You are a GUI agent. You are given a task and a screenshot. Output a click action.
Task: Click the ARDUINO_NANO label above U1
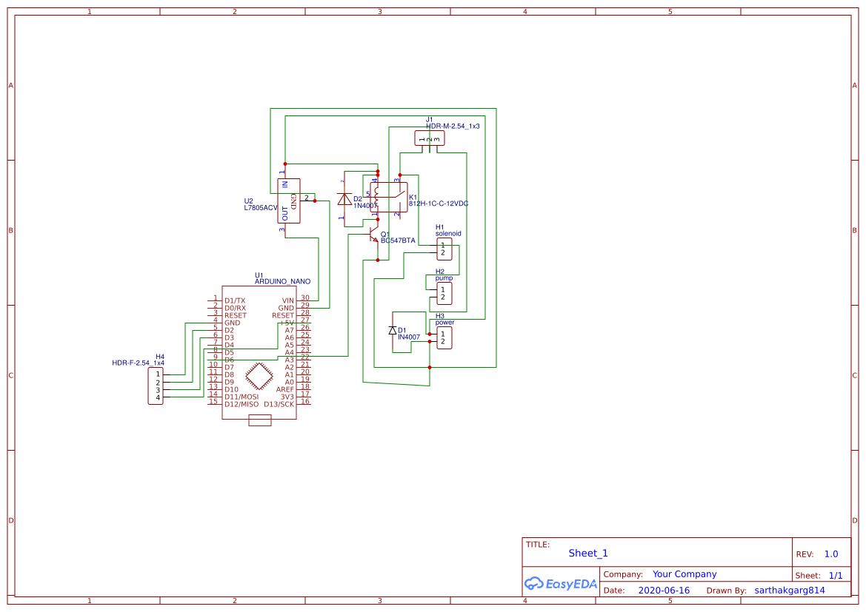282,282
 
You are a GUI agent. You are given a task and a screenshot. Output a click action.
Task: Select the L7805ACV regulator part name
260,209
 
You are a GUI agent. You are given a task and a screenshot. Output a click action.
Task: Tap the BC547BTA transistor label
398,241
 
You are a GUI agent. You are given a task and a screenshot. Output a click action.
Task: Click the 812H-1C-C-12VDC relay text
438,204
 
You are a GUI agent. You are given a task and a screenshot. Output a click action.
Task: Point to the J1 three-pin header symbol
428,138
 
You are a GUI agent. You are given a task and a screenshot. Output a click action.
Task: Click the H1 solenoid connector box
444,249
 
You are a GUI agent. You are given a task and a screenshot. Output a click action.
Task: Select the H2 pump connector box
444,294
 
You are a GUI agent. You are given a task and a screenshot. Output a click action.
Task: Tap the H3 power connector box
444,337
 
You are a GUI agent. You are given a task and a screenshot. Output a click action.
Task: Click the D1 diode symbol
393,330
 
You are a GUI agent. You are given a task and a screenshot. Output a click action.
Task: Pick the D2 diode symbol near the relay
344,199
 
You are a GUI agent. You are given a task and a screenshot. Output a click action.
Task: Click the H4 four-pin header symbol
157,386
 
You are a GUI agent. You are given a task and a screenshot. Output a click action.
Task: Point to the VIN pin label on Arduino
287,300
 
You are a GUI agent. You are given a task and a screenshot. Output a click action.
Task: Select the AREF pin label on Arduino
284,389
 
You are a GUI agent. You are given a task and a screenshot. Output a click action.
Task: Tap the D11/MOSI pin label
241,397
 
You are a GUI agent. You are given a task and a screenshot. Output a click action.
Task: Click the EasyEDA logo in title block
560,583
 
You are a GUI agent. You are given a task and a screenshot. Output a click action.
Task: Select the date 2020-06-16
664,591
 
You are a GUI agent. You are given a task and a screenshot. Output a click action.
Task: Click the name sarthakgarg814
789,591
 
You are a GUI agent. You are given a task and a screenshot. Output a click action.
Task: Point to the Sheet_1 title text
588,554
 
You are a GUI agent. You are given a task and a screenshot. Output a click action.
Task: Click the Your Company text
685,574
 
